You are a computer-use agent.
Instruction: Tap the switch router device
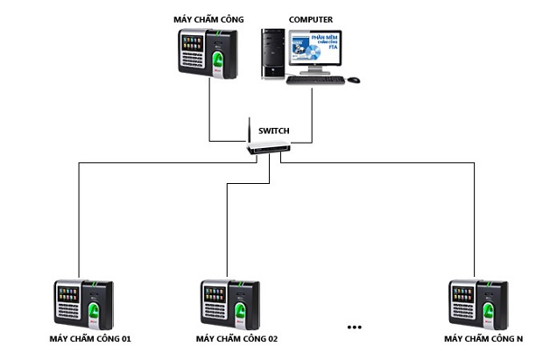point(268,148)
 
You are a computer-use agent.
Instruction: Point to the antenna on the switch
point(250,131)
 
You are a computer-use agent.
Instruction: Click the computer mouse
point(353,80)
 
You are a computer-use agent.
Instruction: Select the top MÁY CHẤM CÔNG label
point(208,17)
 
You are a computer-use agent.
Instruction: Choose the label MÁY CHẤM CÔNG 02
point(236,338)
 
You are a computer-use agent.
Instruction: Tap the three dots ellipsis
point(354,327)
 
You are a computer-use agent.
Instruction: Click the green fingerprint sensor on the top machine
point(218,60)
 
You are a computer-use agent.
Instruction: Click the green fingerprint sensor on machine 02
point(240,310)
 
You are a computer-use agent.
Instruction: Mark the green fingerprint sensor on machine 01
point(94,310)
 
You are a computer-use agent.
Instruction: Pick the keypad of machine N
point(462,311)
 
